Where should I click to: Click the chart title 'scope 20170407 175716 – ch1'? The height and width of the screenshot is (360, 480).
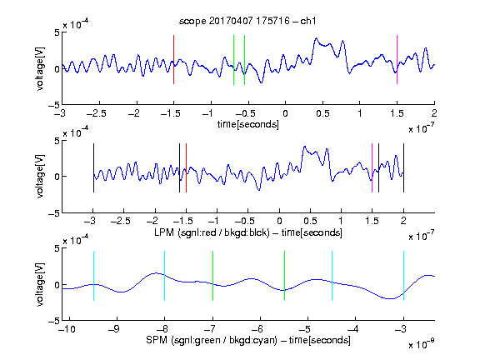click(x=247, y=21)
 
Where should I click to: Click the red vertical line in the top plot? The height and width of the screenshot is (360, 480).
click(x=173, y=59)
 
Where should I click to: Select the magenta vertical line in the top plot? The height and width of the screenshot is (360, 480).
click(x=397, y=59)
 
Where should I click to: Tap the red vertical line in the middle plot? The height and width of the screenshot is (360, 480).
click(x=186, y=167)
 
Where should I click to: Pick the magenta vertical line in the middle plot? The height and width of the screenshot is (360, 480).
click(x=372, y=167)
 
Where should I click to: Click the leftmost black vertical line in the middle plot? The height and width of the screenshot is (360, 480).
click(x=93, y=167)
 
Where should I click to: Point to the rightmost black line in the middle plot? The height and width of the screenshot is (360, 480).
click(x=403, y=167)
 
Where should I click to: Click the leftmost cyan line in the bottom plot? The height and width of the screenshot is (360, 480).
click(x=93, y=276)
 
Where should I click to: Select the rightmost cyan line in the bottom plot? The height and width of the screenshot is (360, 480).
click(x=403, y=276)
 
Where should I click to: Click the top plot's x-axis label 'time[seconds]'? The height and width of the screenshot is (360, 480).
click(x=248, y=124)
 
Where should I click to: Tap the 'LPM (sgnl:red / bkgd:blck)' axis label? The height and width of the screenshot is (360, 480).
click(x=212, y=232)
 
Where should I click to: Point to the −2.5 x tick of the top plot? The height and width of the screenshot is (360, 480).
click(x=96, y=113)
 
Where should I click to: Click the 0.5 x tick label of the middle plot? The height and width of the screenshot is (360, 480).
click(x=310, y=221)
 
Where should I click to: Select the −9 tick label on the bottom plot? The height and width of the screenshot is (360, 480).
click(x=114, y=329)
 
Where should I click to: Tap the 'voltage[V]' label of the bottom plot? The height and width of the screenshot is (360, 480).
click(x=40, y=284)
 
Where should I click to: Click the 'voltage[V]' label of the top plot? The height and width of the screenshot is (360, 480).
click(x=40, y=68)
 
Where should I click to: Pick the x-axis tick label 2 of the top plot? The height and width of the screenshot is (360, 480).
click(x=434, y=113)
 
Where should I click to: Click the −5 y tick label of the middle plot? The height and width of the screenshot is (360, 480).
click(x=54, y=213)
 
